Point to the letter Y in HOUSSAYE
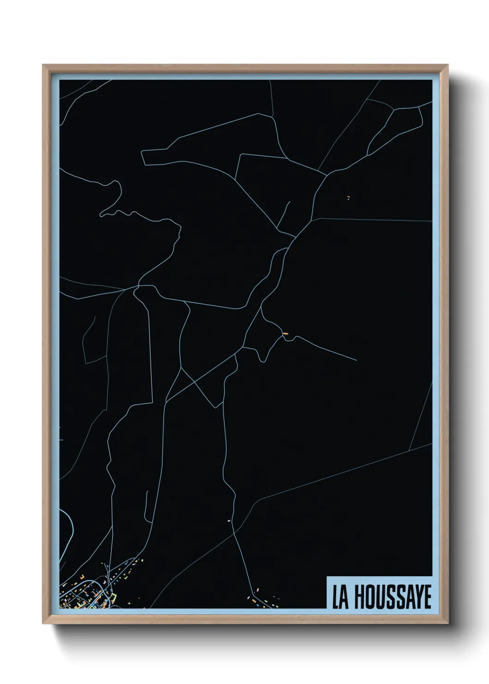click(416, 598)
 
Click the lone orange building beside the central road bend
click(285, 333)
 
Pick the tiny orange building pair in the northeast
click(348, 198)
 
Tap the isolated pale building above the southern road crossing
click(229, 520)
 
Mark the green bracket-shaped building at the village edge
click(112, 598)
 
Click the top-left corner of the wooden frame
click(43, 65)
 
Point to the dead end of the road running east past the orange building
click(356, 360)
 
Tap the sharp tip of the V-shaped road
click(215, 407)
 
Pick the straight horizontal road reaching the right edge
click(370, 220)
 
